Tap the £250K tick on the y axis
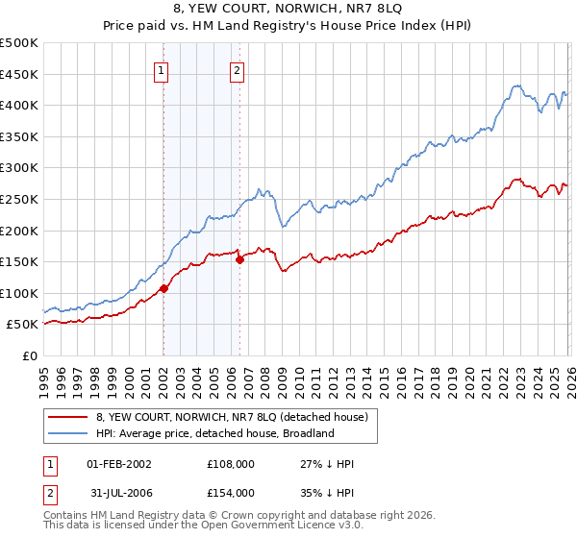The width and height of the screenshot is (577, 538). click(x=19, y=199)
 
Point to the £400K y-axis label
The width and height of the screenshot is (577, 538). click(x=19, y=105)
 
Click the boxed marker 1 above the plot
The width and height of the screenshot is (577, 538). click(x=162, y=69)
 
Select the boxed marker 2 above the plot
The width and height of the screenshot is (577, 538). click(x=237, y=69)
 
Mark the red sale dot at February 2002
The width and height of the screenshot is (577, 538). click(x=163, y=288)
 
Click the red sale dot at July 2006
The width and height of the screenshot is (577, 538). click(x=239, y=259)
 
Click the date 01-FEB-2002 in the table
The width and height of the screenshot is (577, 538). click(x=119, y=464)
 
